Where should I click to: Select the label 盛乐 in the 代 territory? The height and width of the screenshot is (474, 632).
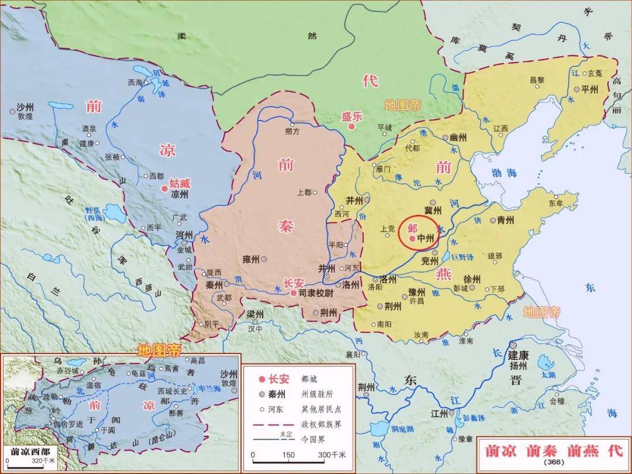coord(352,116)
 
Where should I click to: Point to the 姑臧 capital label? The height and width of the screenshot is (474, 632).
coord(180,183)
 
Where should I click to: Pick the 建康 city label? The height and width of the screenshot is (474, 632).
coord(518,355)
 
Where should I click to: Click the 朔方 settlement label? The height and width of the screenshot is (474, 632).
coord(293,132)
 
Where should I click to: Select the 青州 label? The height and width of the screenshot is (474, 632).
coord(505,221)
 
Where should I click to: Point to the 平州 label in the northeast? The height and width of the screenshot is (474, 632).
coord(589,90)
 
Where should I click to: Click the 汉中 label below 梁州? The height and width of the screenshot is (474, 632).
coord(255,328)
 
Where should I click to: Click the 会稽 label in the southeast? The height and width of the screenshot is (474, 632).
coord(557,401)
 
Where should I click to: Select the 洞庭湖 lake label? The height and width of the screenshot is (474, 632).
coord(403,429)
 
